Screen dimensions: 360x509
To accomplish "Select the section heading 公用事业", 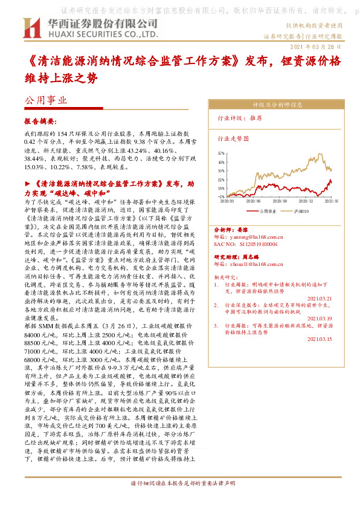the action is click(45, 101).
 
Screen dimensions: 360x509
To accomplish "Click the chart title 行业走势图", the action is click(233, 138).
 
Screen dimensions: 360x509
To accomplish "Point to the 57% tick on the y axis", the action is click(221, 154).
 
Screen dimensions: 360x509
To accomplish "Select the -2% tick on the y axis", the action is click(221, 196).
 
